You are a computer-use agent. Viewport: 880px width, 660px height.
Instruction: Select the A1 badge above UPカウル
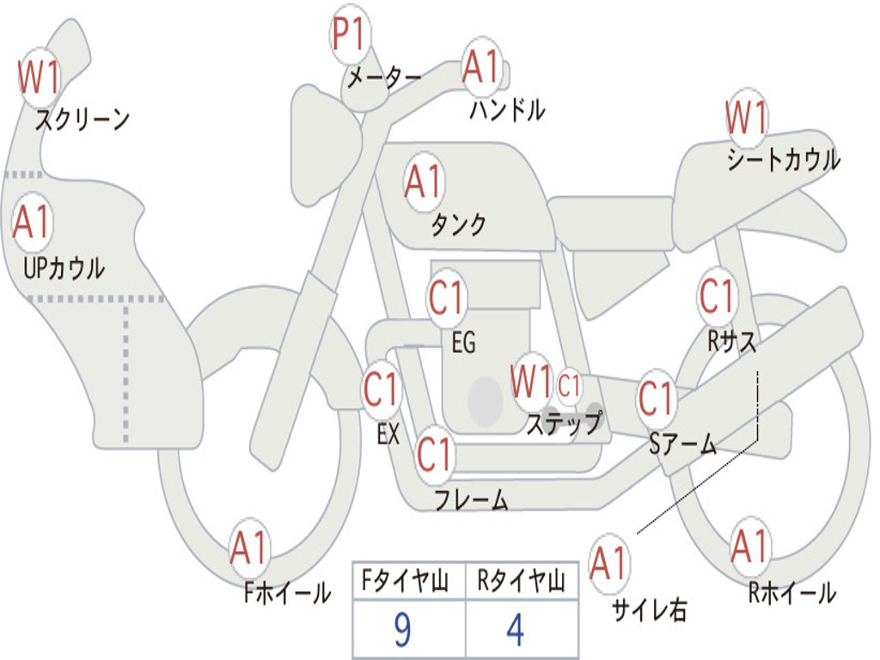click(33, 223)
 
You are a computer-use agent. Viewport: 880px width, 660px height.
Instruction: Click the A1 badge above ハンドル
click(480, 68)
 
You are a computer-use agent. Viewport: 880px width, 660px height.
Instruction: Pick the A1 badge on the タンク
click(423, 182)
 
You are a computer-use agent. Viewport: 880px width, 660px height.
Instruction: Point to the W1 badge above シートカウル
click(746, 119)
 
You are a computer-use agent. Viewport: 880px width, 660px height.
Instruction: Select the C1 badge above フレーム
click(434, 453)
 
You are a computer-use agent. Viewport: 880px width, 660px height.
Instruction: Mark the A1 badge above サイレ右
click(609, 564)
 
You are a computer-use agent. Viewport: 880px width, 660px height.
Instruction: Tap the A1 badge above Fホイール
click(249, 548)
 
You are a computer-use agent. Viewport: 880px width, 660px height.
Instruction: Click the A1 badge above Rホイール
click(749, 547)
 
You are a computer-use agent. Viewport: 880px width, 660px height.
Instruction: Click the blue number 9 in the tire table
click(401, 630)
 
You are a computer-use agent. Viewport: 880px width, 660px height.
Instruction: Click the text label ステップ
click(563, 423)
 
